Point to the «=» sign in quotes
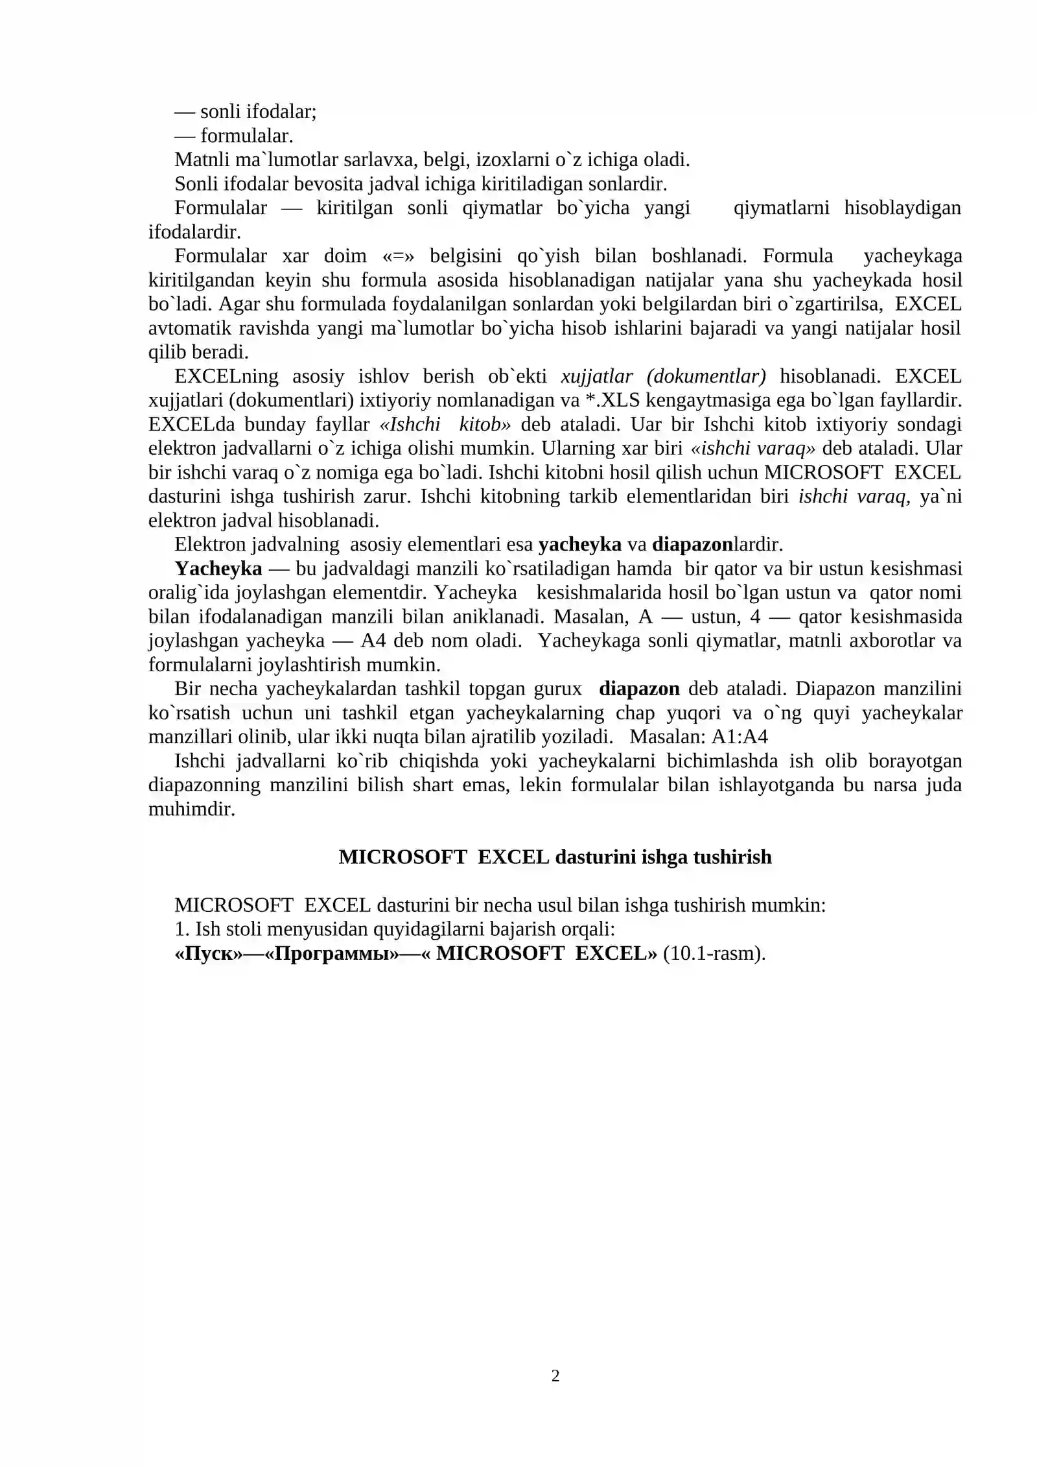click(x=398, y=256)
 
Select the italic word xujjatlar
click(x=596, y=376)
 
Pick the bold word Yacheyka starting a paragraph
click(x=218, y=569)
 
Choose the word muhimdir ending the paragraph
click(x=191, y=809)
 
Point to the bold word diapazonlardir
click(x=717, y=544)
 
